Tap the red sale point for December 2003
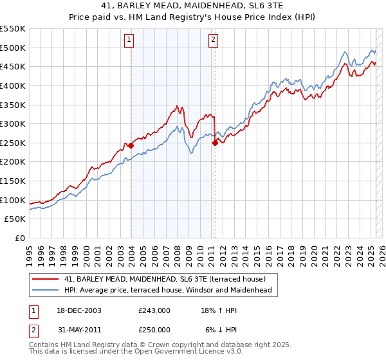click(x=131, y=145)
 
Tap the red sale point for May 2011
click(x=215, y=143)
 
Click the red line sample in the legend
click(x=46, y=279)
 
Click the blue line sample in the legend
click(x=46, y=291)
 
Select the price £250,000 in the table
click(x=154, y=329)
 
